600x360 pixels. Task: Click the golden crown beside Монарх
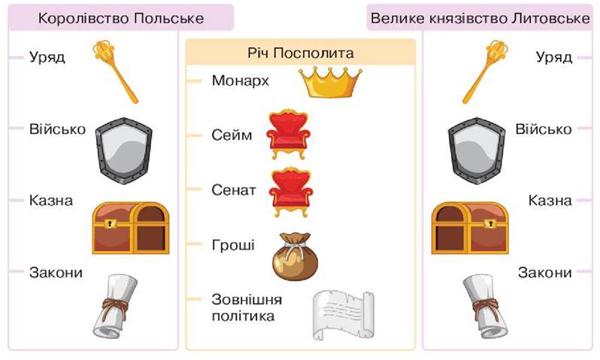pos(332,82)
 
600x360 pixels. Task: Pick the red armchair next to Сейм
pos(289,135)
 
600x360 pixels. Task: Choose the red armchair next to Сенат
pos(289,192)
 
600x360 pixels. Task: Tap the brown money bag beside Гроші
pos(294,256)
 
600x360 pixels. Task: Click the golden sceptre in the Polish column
pos(116,71)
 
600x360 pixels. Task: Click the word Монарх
pos(240,80)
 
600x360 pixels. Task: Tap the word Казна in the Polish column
pos(51,201)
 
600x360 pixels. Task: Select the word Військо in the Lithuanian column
pos(544,129)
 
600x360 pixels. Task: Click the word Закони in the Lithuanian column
pos(544,272)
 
